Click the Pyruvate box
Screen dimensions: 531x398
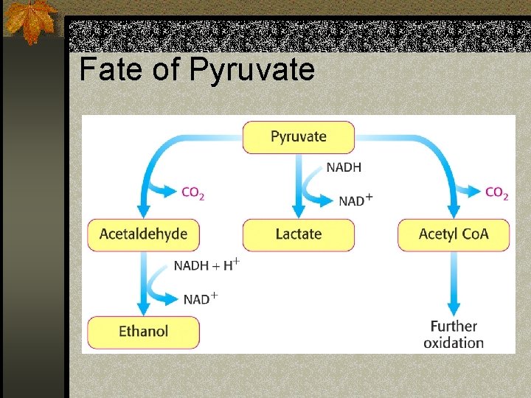click(299, 137)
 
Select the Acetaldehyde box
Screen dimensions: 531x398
click(143, 234)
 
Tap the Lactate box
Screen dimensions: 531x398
click(299, 234)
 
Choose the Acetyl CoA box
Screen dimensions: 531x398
click(454, 234)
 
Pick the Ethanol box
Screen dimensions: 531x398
click(143, 332)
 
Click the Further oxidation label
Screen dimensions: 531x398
click(454, 334)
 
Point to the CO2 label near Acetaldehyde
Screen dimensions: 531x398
click(193, 193)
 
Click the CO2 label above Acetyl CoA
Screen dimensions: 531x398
click(496, 193)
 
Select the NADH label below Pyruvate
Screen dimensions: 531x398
click(344, 167)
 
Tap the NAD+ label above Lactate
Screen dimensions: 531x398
click(355, 200)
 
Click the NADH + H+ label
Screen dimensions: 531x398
click(206, 265)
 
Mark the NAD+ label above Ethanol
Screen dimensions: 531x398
click(200, 298)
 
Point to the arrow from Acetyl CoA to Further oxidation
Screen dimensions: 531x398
click(454, 284)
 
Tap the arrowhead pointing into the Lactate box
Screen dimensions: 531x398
click(299, 212)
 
